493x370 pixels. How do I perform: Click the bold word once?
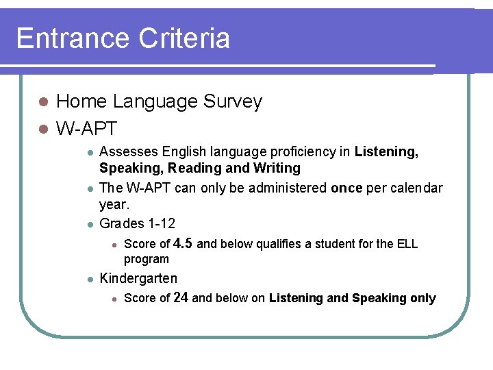point(346,188)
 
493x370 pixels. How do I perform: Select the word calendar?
point(418,188)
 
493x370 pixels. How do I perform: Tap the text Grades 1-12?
point(137,223)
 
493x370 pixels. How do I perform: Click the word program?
point(146,259)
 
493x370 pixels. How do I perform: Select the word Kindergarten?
point(138,278)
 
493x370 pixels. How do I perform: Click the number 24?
point(181,297)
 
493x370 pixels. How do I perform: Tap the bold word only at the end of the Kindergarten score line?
point(422,298)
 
